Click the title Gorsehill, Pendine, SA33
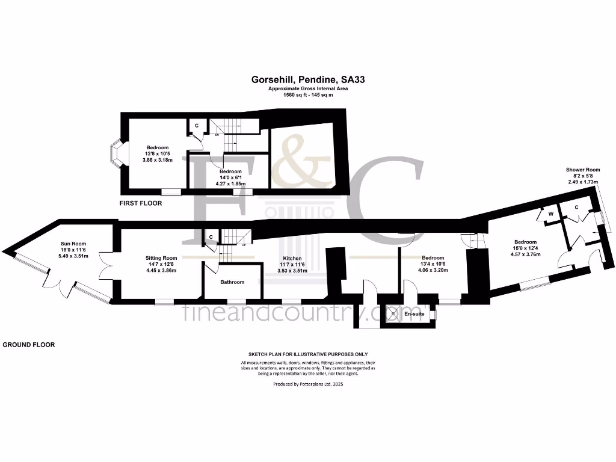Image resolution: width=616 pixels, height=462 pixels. click(308, 79)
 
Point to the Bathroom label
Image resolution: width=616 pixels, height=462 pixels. click(232, 282)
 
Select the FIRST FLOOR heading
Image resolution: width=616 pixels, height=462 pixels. click(141, 203)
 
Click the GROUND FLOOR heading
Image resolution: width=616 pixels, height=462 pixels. click(29, 345)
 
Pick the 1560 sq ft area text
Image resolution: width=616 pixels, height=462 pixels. click(308, 95)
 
